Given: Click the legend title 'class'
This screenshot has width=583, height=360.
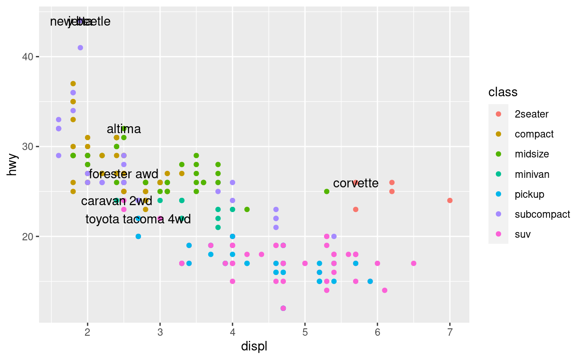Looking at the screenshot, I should (503, 92).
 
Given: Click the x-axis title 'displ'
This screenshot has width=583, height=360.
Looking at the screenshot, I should (254, 347).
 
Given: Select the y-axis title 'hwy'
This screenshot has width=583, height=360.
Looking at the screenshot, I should (13, 165).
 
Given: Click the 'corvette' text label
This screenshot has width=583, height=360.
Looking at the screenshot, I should (356, 183).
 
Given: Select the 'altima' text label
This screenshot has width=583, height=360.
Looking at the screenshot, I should (124, 129).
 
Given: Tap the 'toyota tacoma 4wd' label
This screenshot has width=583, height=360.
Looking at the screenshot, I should (138, 219).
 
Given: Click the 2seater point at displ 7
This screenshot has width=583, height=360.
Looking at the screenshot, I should (450, 200).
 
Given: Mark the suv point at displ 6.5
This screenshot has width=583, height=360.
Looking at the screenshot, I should (413, 263).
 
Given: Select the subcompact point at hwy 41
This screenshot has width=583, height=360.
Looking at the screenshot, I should (80, 48).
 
